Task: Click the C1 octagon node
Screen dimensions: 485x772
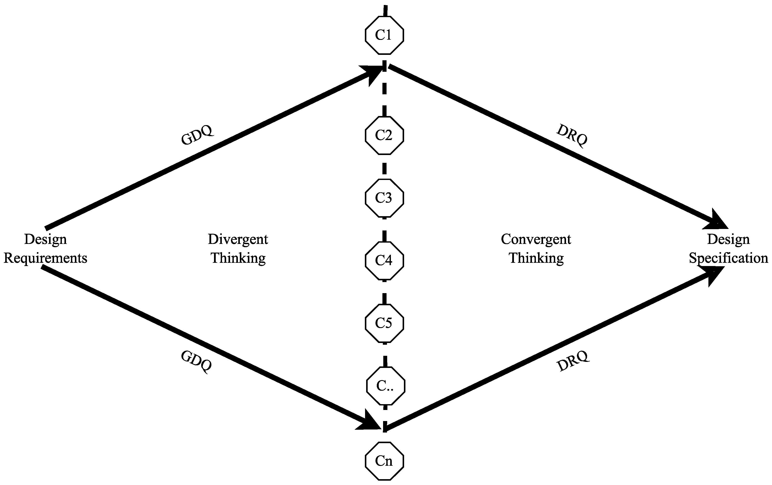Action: (x=384, y=35)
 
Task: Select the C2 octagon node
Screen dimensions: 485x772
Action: (x=384, y=135)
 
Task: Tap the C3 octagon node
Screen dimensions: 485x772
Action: (x=384, y=198)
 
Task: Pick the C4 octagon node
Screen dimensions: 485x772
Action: (x=384, y=260)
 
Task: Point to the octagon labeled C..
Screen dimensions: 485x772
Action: (x=385, y=386)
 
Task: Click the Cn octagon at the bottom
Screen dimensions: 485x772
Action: (x=384, y=461)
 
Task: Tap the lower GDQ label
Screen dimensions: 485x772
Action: (x=196, y=361)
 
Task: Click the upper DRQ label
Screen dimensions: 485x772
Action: (x=572, y=136)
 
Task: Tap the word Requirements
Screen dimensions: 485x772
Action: (x=45, y=258)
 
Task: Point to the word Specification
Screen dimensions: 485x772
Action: (x=728, y=258)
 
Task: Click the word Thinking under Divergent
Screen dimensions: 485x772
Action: (x=238, y=258)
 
